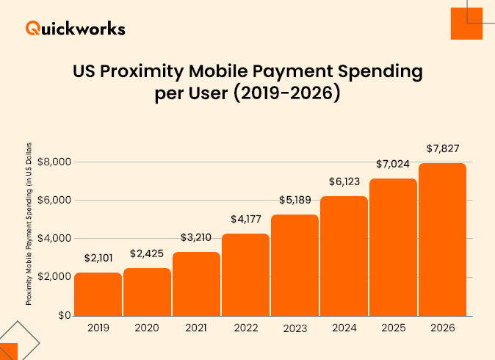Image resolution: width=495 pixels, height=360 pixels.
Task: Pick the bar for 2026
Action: tap(442, 240)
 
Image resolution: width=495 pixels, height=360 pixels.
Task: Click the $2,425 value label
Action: tap(147, 254)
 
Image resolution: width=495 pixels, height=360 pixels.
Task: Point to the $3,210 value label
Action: tap(196, 238)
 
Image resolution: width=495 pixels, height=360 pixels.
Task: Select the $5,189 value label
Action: tap(295, 201)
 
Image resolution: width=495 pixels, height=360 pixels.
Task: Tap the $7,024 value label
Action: tap(393, 164)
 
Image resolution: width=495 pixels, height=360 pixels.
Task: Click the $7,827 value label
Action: tap(442, 148)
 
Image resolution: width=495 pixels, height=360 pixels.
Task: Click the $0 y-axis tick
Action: tap(65, 315)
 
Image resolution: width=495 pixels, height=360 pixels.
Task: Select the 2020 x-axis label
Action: tap(147, 328)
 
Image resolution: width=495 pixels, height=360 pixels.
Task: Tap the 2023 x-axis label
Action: tap(295, 328)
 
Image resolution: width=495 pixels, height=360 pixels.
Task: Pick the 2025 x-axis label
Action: tap(393, 328)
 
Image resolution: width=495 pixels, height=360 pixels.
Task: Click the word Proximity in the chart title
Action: tap(144, 73)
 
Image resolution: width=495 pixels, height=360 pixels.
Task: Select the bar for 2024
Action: tap(344, 256)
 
